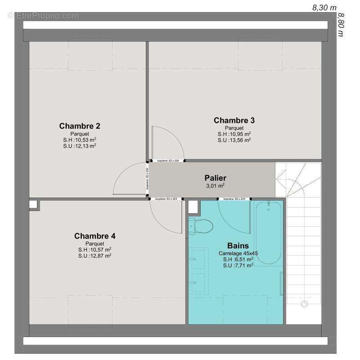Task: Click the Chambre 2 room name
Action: point(79,126)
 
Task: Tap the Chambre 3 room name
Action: point(234,120)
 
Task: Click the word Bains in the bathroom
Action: point(238,246)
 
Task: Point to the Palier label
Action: point(215,178)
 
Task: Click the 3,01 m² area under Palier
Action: point(215,185)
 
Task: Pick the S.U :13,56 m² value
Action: point(234,140)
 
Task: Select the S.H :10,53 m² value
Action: point(79,139)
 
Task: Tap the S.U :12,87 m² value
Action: point(94,256)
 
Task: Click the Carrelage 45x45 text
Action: point(238,253)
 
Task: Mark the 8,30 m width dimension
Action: point(324,7)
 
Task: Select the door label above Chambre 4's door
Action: point(166,198)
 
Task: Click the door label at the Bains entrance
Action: point(234,198)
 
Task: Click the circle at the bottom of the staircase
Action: point(304,304)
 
